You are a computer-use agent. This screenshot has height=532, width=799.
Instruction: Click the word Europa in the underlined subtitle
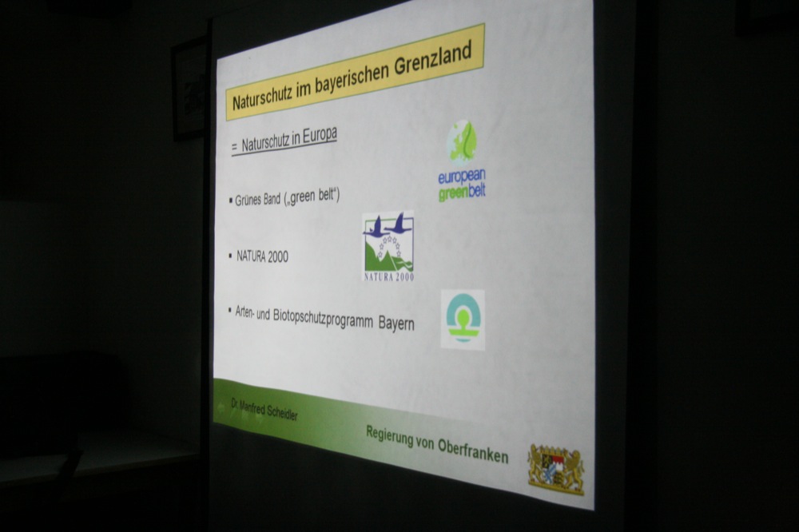(320, 136)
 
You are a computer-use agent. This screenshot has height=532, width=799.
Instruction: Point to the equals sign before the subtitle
(234, 147)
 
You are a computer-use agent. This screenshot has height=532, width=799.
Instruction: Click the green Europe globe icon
(462, 141)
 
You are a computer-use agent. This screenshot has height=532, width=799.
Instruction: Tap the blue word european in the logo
(462, 177)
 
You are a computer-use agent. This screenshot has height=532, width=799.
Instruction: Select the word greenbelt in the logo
(462, 192)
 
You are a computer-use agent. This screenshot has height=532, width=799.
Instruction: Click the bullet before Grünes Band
(231, 200)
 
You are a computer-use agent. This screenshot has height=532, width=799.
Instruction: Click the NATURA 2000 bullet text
(262, 256)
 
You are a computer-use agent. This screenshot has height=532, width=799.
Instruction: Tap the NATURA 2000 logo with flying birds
(388, 247)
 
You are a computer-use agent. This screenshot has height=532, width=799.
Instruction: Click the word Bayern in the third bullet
(396, 324)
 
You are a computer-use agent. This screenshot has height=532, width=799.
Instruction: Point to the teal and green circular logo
(463, 319)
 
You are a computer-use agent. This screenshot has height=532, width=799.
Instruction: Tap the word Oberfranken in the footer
(473, 450)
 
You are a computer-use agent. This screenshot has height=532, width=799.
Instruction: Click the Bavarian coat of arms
(556, 469)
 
